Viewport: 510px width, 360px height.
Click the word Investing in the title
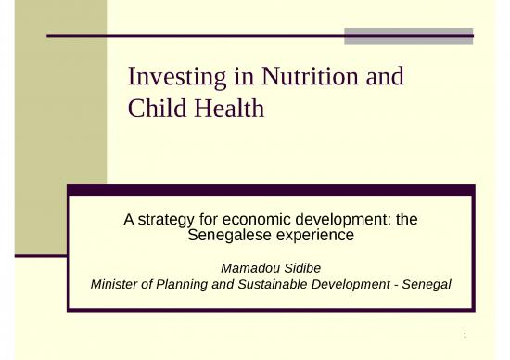[173, 77]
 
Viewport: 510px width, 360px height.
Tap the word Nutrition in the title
[305, 77]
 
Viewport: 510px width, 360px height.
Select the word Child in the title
[158, 109]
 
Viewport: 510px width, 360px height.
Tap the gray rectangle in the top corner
[408, 35]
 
